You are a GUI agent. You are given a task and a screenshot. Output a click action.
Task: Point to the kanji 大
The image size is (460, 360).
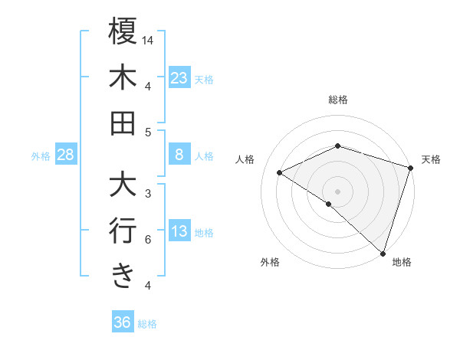pyautogui.click(x=123, y=185)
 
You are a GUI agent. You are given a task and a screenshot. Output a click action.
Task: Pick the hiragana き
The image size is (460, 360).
pyautogui.click(x=123, y=275)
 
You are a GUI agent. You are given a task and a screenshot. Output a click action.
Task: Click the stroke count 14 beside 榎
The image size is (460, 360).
pyautogui.click(x=148, y=40)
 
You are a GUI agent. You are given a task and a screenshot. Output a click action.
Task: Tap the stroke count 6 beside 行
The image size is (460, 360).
pyautogui.click(x=148, y=240)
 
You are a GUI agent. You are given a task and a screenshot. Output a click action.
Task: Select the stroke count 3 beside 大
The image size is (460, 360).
pyautogui.click(x=148, y=194)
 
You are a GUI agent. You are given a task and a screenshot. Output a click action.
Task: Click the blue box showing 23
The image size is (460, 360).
pyautogui.click(x=179, y=77)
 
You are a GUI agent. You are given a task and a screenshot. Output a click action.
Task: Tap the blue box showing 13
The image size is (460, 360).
pyautogui.click(x=179, y=232)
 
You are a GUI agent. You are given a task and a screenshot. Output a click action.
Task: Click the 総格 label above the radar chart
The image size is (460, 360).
pyautogui.click(x=338, y=100)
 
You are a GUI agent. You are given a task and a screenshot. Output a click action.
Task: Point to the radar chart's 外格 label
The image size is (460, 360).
pyautogui.click(x=270, y=263)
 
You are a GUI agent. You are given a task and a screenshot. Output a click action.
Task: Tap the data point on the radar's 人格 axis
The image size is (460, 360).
pyautogui.click(x=280, y=173)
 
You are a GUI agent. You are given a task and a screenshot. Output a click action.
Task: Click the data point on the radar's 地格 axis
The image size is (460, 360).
pyautogui.click(x=383, y=252)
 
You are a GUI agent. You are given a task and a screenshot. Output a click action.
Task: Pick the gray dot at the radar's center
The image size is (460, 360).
pyautogui.click(x=337, y=190)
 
